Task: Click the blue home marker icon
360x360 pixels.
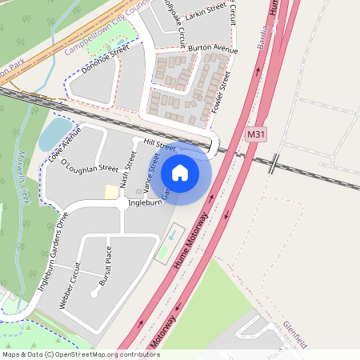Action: tap(180, 173)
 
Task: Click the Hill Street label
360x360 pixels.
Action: tap(159, 146)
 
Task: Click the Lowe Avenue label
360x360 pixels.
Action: tap(65, 145)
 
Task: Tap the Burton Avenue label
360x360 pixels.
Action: tap(214, 50)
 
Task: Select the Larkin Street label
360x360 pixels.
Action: tap(207, 10)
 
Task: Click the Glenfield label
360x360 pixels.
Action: tap(295, 335)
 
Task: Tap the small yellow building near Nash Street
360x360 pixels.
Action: tap(110, 192)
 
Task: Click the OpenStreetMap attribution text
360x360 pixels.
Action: tap(81, 354)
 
